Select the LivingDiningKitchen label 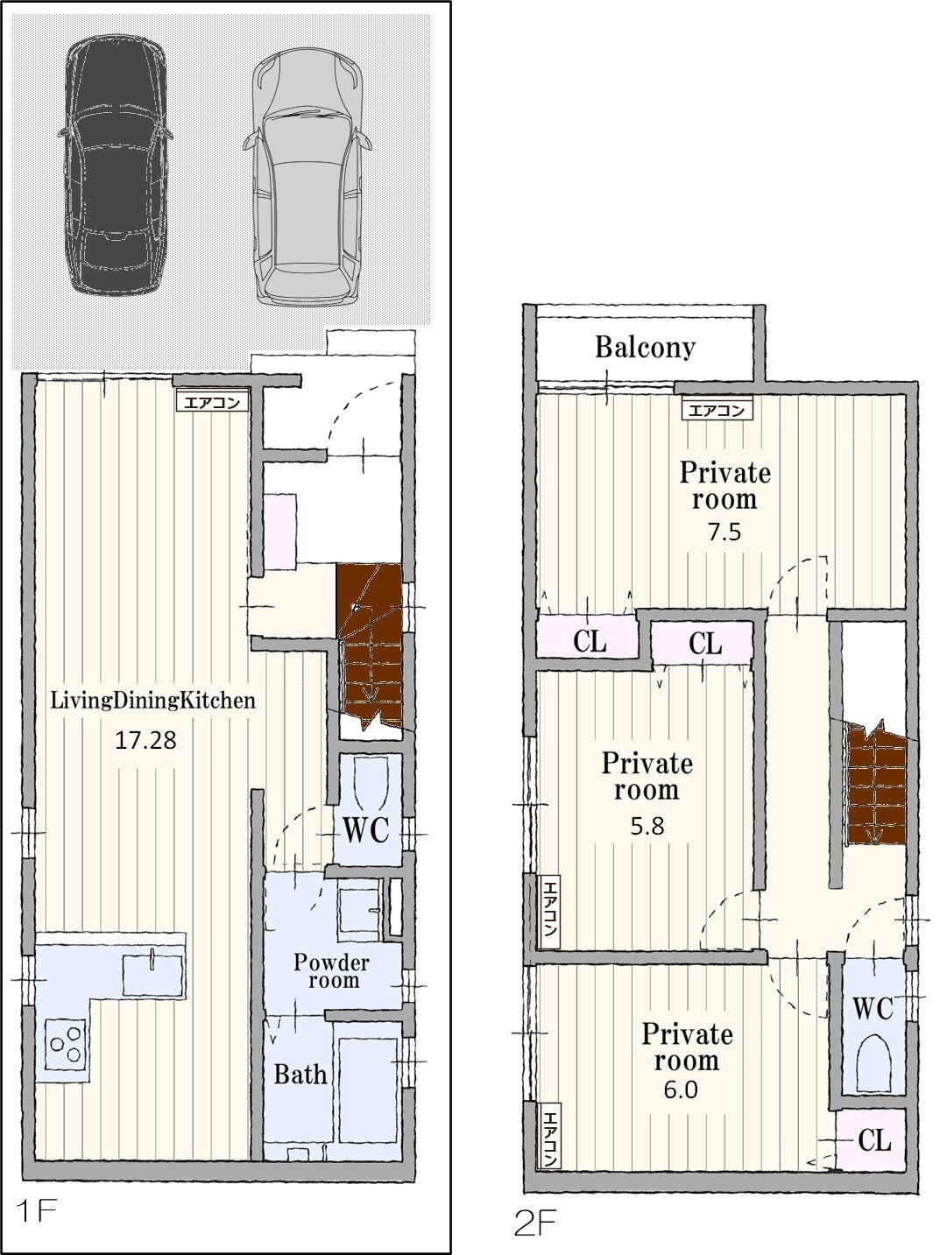tap(153, 701)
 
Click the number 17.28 tap(145, 741)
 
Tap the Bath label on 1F tap(300, 1075)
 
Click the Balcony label tap(645, 347)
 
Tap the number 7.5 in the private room tap(724, 532)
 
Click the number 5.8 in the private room tap(647, 827)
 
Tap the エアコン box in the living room tap(212, 402)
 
